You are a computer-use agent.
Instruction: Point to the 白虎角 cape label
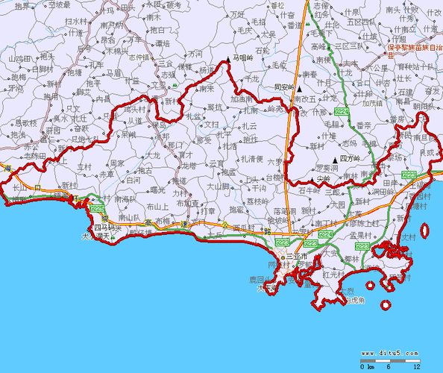click(355, 301)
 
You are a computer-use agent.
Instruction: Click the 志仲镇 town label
click(139, 57)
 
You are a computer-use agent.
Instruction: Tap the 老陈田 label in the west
click(36, 157)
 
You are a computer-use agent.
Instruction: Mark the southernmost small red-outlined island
click(386, 305)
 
